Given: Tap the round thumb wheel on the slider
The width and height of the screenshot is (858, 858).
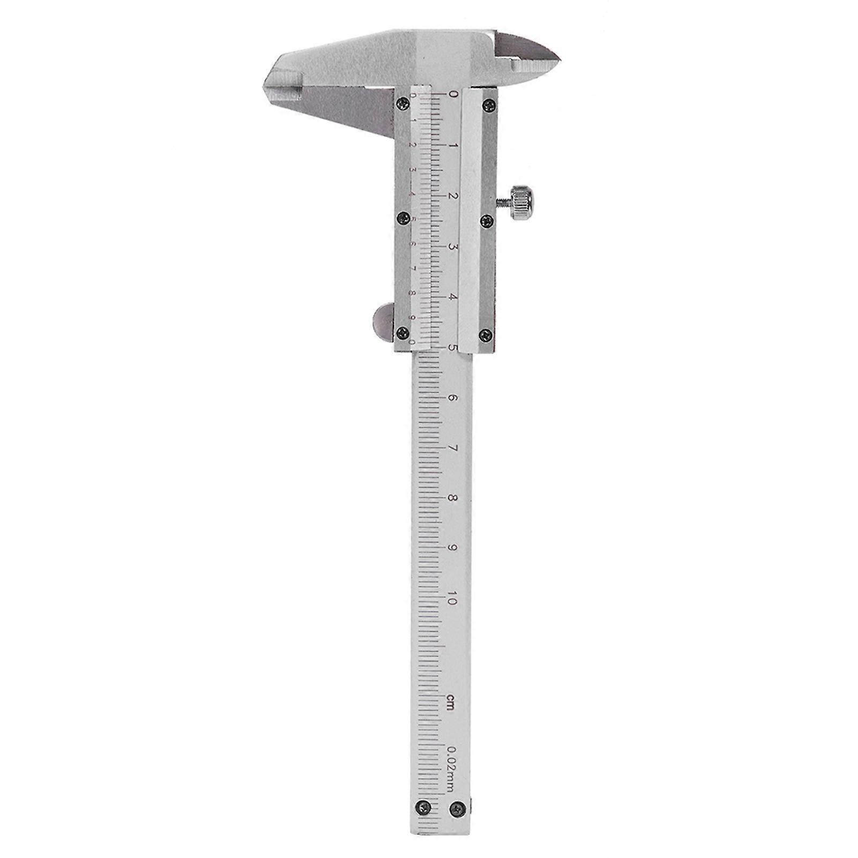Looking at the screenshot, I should click(x=382, y=322).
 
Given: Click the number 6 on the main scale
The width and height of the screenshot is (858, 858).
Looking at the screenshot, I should click(x=452, y=398).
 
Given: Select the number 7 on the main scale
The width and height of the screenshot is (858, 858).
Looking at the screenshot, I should click(x=452, y=449).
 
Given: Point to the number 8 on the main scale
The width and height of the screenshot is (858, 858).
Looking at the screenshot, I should click(x=452, y=498).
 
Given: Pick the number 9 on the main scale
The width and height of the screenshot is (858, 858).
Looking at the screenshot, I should click(x=452, y=548).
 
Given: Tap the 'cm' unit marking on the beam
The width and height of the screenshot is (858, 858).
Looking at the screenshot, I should click(x=451, y=701).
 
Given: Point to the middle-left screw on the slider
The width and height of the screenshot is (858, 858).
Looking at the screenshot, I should click(x=402, y=218).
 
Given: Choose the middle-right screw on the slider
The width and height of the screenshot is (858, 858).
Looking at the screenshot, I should click(x=487, y=219).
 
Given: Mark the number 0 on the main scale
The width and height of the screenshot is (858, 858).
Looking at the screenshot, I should click(x=453, y=95).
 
